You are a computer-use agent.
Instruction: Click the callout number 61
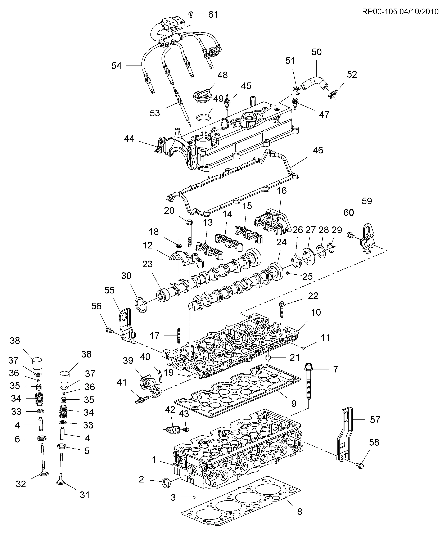(213, 14)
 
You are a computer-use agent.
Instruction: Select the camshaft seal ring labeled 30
(141, 304)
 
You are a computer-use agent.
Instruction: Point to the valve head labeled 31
(61, 482)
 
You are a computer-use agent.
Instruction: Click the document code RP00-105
(379, 12)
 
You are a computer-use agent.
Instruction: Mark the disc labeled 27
(309, 256)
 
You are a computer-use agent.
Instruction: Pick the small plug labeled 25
(287, 273)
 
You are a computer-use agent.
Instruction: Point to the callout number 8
(299, 511)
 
